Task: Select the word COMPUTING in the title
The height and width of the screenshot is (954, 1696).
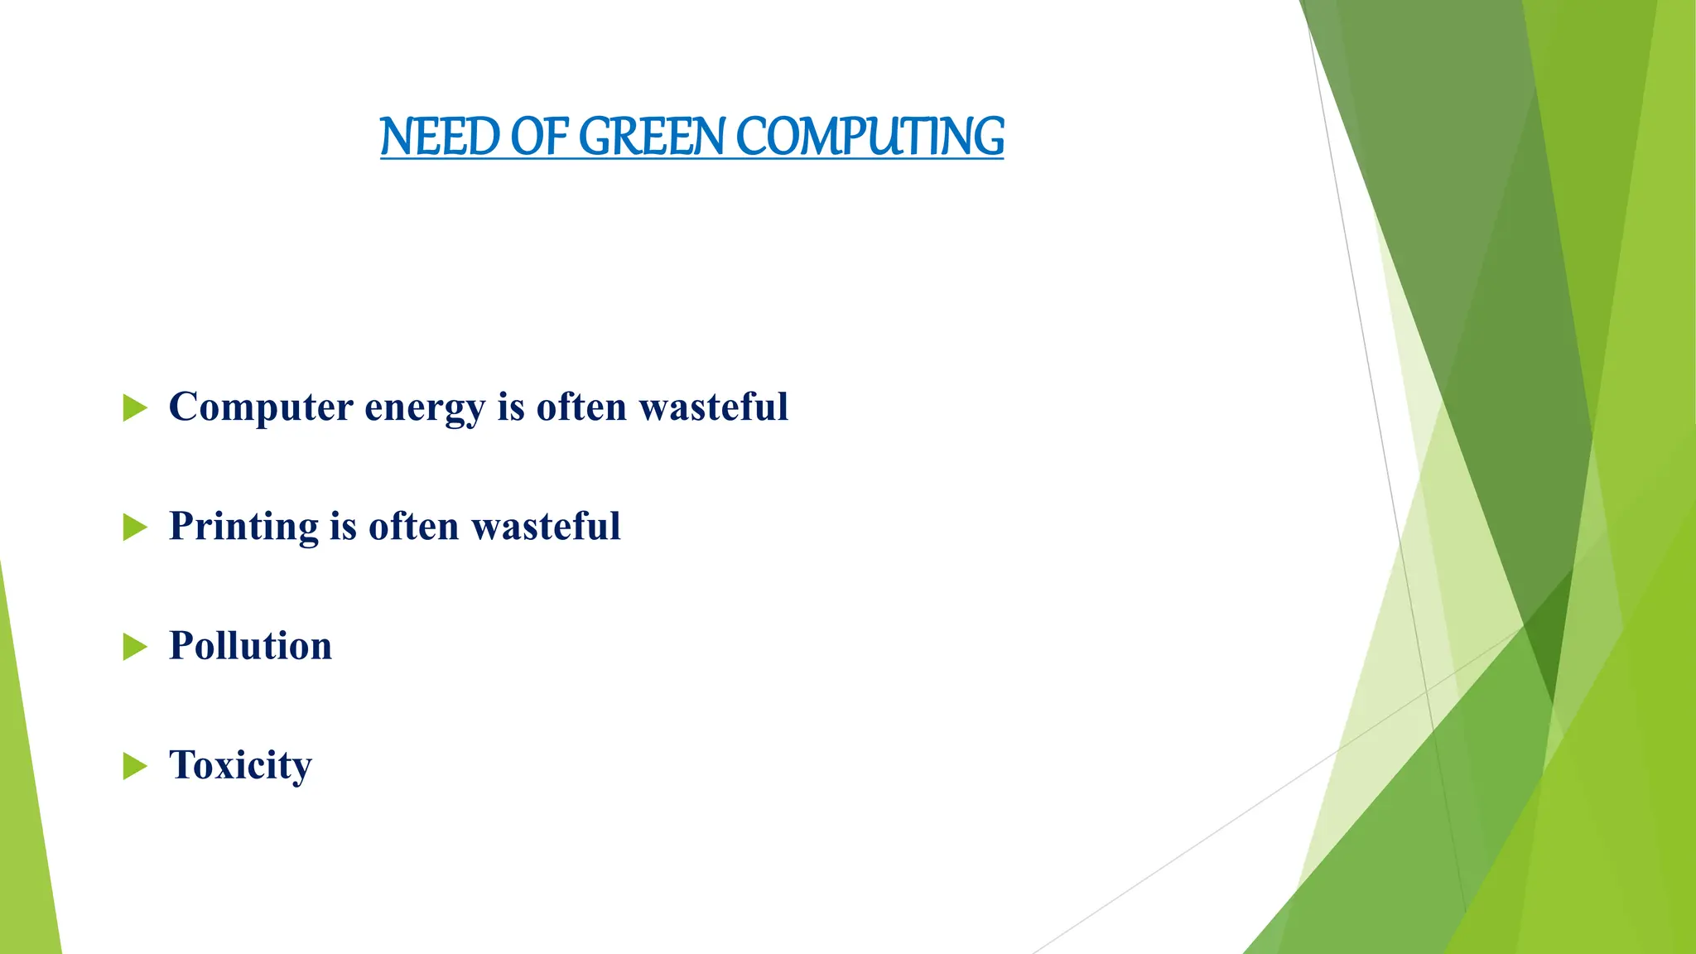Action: click(870, 137)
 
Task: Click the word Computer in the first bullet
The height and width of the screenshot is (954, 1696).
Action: click(261, 407)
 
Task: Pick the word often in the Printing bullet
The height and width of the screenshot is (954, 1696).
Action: click(413, 526)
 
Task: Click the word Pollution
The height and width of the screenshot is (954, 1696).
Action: click(250, 645)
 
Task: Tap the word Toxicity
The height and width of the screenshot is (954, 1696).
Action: click(240, 765)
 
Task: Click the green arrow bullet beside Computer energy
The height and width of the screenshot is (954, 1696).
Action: click(134, 407)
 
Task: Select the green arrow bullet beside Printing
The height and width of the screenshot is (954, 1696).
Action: click(134, 527)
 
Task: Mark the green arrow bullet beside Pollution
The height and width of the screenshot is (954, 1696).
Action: click(134, 646)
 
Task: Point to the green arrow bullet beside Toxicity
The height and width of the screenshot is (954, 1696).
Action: click(134, 765)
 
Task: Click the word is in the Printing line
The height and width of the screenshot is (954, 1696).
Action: click(343, 526)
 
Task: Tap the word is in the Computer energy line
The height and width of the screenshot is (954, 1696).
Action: click(511, 407)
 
